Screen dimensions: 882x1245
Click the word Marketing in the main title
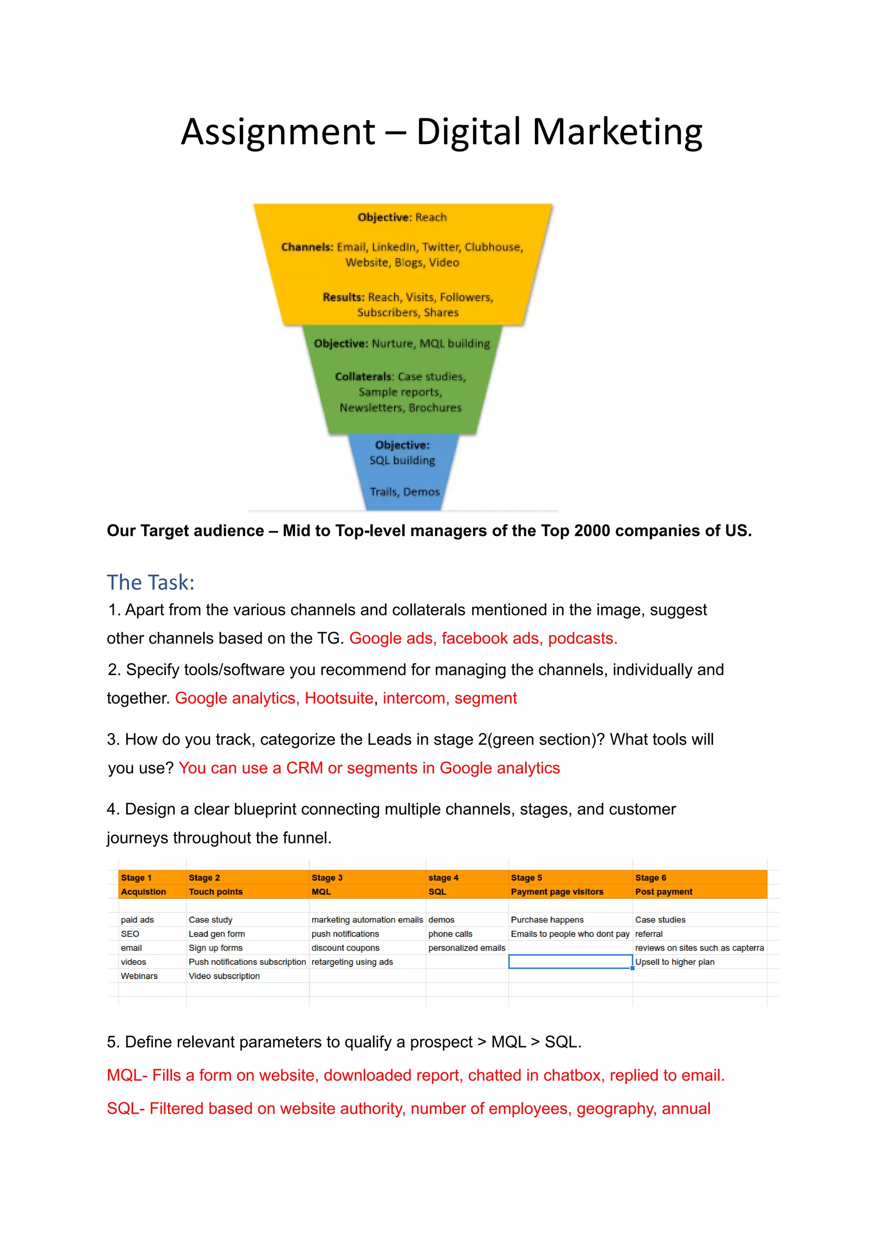[618, 132]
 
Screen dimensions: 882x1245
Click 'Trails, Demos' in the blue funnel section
[405, 492]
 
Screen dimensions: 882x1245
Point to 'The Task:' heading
[150, 582]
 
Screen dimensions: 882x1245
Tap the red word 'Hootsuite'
[339, 698]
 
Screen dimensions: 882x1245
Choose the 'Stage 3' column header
[327, 877]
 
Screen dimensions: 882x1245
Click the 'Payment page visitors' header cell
[557, 892]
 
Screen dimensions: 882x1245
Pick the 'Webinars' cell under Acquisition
[139, 976]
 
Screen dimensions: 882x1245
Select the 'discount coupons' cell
[345, 948]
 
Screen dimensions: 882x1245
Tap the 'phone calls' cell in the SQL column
[450, 934]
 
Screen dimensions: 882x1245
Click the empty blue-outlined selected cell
[570, 962]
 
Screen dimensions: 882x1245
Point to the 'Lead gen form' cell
[217, 934]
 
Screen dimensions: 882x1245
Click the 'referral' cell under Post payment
[649, 934]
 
